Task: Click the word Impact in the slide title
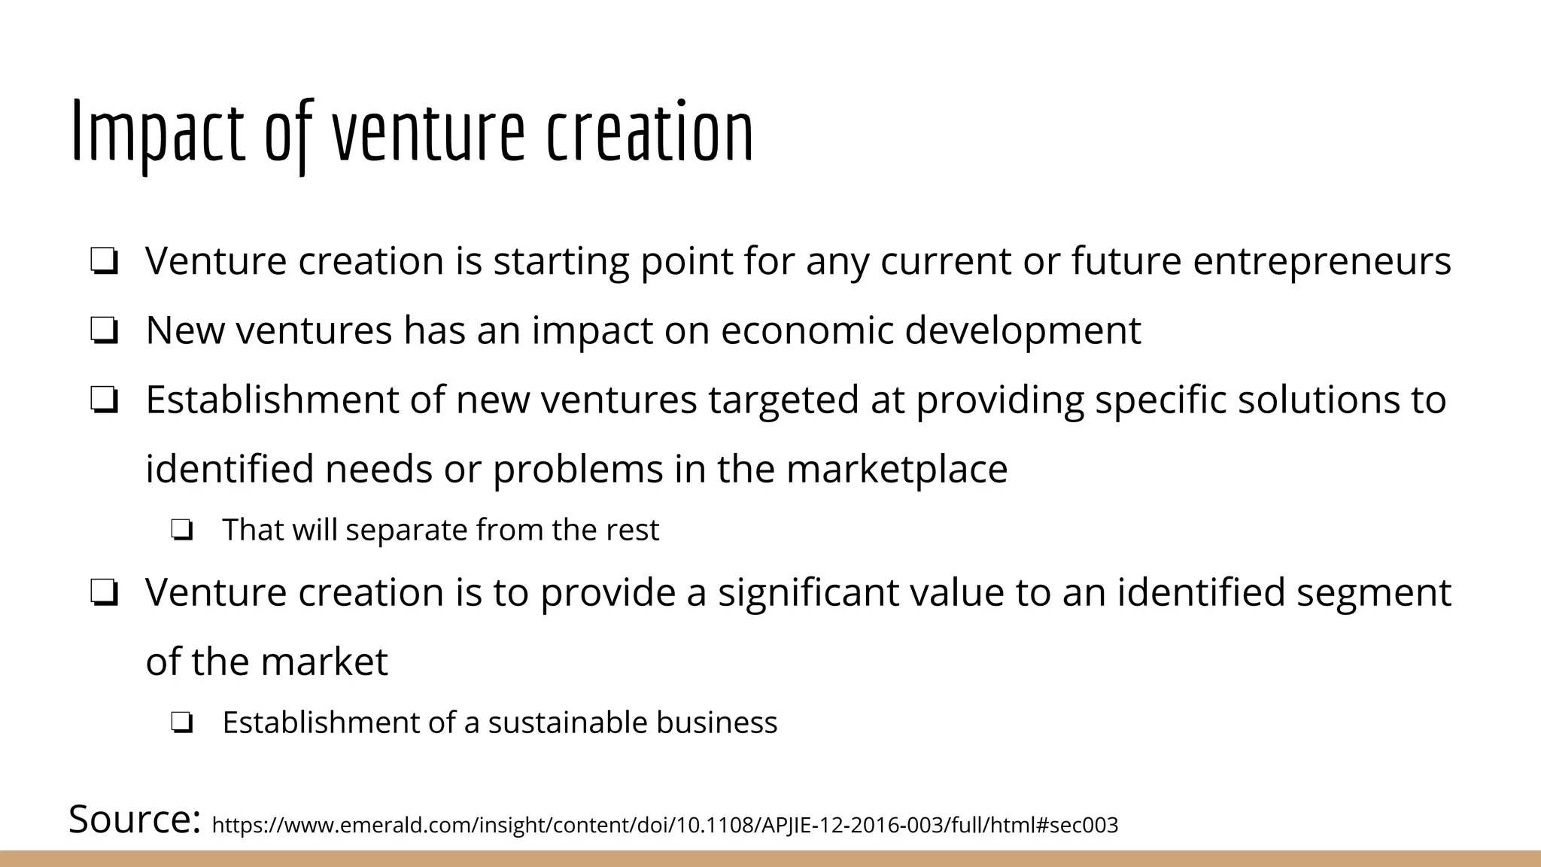(159, 134)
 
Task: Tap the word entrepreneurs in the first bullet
(1321, 261)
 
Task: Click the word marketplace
(896, 469)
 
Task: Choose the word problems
(577, 469)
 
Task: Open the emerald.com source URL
(665, 826)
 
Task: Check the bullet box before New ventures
(104, 331)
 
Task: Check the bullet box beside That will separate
(181, 531)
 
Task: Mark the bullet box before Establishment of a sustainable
(181, 723)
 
